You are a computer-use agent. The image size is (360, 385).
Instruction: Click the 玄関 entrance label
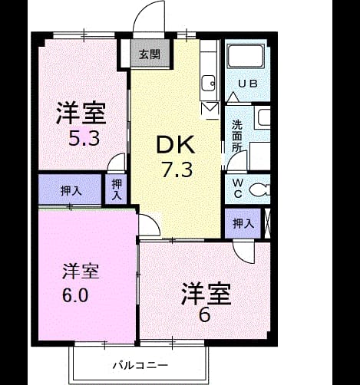click(x=150, y=54)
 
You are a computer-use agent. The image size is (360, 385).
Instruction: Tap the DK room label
click(x=176, y=145)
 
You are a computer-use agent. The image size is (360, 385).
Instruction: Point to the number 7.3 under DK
click(x=177, y=170)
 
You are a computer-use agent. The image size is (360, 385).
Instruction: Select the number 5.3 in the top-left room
click(x=84, y=140)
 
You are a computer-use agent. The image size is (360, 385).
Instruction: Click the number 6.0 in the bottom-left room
click(x=75, y=295)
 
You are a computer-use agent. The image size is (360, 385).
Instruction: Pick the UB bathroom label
click(x=248, y=84)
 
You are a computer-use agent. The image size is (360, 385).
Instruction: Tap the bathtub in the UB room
click(x=246, y=57)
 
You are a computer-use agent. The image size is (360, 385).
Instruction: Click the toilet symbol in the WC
click(x=259, y=189)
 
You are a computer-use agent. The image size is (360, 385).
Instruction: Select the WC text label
click(x=238, y=189)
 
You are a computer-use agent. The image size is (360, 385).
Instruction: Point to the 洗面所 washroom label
click(x=237, y=137)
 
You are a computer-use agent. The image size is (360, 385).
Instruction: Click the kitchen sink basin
click(x=208, y=83)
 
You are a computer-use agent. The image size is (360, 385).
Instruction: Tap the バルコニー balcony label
click(x=140, y=365)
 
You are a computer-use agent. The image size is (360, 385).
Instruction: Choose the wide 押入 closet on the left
click(x=70, y=189)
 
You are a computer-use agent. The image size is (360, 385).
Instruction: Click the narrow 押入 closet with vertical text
click(x=116, y=189)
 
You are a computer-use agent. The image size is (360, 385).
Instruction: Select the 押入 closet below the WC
click(x=243, y=224)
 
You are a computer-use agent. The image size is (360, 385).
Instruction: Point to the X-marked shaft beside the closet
click(x=267, y=224)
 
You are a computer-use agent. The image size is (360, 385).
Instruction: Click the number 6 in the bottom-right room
click(x=205, y=315)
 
